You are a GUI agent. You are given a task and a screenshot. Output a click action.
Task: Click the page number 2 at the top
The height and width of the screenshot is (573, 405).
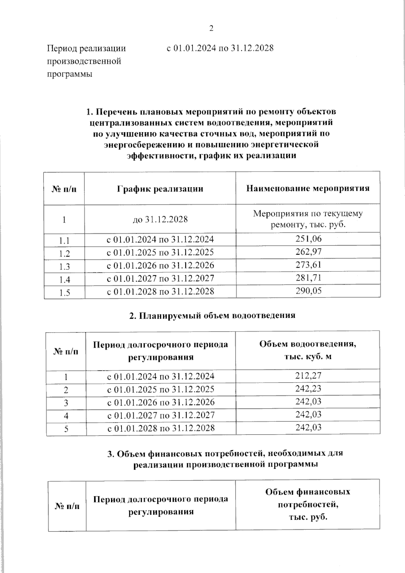point(211,28)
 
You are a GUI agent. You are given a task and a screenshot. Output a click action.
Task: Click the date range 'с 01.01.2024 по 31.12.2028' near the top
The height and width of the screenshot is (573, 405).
point(220,48)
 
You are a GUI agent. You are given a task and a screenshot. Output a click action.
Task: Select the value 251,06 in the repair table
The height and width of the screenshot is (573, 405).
point(308,239)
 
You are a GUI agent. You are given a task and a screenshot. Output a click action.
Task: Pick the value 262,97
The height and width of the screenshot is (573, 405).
point(308,252)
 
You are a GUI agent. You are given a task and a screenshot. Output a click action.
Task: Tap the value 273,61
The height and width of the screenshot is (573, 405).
point(308,265)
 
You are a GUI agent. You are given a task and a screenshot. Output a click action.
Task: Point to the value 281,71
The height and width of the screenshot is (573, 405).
point(308,278)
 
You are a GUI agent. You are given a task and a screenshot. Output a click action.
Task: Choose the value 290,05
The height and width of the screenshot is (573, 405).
point(308,291)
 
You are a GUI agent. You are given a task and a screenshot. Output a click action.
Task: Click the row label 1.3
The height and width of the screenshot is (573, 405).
point(64,267)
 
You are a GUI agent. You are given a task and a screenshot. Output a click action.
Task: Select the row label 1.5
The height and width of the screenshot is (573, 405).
point(64,293)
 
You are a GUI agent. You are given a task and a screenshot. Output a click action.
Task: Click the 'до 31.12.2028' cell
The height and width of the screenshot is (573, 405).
point(160,219)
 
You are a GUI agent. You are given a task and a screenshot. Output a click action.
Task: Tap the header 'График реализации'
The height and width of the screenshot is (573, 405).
point(160,188)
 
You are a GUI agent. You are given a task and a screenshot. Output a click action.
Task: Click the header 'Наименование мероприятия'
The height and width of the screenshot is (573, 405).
point(308,188)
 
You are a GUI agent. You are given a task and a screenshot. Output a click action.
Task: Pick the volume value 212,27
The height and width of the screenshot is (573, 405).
point(308,375)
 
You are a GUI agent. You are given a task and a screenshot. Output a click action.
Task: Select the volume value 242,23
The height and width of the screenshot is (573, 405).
point(308,388)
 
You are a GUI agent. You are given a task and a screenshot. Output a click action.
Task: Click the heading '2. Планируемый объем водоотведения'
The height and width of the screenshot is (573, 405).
point(212,315)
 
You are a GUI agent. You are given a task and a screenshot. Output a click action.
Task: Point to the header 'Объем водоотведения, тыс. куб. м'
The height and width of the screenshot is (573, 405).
point(308,350)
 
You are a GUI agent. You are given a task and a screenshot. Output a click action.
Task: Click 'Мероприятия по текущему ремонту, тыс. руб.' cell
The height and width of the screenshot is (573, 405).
point(308,219)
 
